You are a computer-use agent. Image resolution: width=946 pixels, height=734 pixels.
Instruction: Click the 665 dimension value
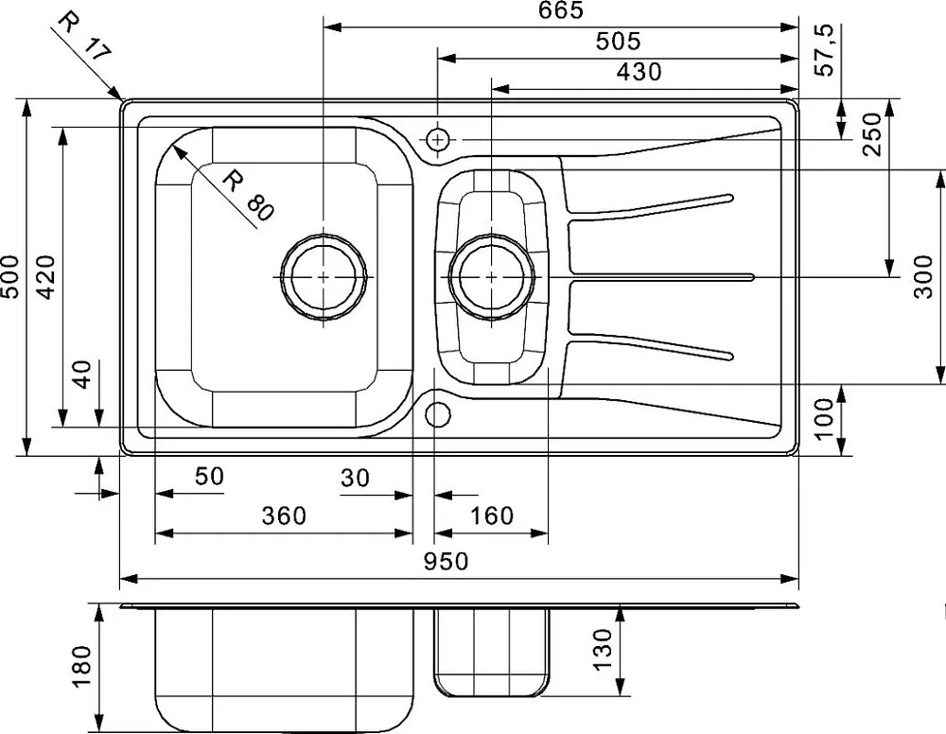click(561, 10)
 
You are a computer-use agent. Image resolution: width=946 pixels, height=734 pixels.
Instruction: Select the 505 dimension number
click(618, 41)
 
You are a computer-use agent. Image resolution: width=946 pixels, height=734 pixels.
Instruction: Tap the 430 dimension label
click(639, 72)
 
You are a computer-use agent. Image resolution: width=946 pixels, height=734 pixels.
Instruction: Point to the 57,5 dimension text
click(824, 49)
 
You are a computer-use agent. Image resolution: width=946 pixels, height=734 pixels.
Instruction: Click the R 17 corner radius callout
click(84, 38)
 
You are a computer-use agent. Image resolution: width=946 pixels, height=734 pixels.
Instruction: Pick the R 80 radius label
click(248, 195)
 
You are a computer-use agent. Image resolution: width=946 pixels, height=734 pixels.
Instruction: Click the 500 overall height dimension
click(10, 277)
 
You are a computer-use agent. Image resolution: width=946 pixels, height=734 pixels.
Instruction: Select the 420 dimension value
click(45, 277)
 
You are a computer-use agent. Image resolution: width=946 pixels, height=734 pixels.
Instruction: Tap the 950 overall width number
click(446, 561)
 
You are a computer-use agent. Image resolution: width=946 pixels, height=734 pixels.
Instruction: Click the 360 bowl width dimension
click(284, 516)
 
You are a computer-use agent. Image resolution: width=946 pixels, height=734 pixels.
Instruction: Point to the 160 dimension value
click(492, 516)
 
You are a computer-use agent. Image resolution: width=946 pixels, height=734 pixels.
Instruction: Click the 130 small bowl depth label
click(602, 649)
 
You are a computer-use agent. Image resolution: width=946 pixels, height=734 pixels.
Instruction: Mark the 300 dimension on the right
click(923, 277)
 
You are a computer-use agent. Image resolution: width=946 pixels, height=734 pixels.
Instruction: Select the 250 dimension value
click(872, 134)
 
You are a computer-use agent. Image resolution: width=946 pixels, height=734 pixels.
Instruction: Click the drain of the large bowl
click(324, 277)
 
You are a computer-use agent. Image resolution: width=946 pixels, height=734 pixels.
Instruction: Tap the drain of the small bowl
click(492, 277)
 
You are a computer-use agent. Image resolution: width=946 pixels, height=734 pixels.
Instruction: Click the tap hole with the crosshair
click(438, 140)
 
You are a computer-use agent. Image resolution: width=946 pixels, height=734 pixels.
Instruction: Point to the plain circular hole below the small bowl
click(438, 414)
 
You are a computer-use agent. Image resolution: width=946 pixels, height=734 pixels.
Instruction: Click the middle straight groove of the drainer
click(662, 277)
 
